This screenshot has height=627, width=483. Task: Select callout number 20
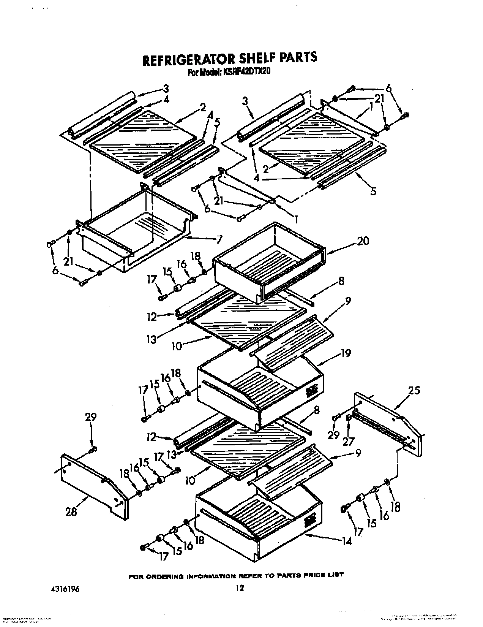pyautogui.click(x=363, y=241)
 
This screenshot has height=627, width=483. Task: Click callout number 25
pyautogui.click(x=414, y=390)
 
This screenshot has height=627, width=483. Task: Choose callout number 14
pyautogui.click(x=347, y=540)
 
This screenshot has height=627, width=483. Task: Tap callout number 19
pyautogui.click(x=346, y=353)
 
